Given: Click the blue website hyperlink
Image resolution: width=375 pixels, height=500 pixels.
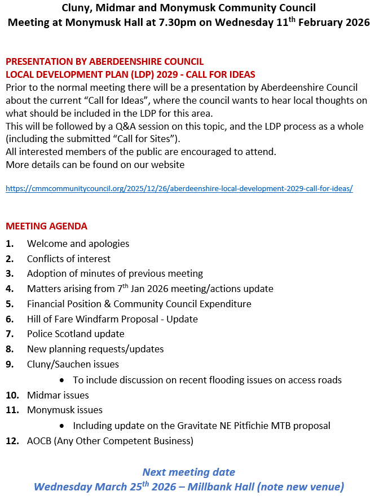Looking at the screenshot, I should click(x=179, y=188).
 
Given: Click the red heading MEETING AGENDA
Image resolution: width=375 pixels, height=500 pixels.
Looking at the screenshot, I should click(x=46, y=226).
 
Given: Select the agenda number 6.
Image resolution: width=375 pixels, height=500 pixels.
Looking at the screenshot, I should click(x=10, y=319).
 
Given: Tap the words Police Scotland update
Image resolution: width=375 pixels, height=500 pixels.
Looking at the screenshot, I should click(x=76, y=334).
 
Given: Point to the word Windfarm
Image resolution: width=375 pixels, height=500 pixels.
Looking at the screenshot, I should click(x=96, y=319).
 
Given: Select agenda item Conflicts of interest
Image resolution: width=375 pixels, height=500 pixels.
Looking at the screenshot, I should click(x=69, y=259).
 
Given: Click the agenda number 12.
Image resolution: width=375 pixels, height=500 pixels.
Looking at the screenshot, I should click(x=11, y=441).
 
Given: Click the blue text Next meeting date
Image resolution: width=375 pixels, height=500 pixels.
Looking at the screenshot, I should click(x=188, y=472).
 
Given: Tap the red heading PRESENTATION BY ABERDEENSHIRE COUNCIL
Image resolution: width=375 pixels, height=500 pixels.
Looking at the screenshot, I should click(x=104, y=61).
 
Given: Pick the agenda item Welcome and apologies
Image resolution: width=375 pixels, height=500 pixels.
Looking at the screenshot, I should click(x=78, y=244).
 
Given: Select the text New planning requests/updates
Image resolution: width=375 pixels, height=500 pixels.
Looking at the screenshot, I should click(x=95, y=349).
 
